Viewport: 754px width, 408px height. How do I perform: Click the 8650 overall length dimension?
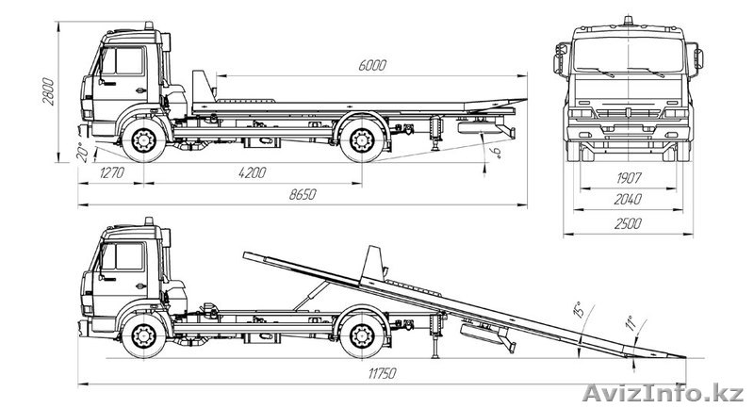tap(302, 194)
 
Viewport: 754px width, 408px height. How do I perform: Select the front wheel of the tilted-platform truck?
tap(144, 335)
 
